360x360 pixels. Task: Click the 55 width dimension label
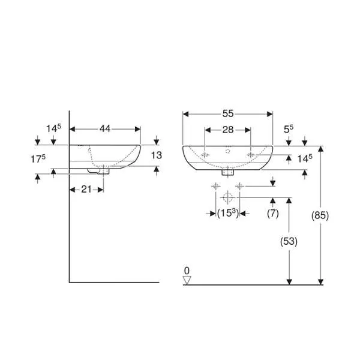point(227,112)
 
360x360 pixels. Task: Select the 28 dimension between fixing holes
point(227,130)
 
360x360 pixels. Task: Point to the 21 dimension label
point(87,190)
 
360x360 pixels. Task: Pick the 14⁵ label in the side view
point(54,128)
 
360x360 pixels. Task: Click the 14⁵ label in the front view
point(305,158)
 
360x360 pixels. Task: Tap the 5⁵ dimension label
point(288,128)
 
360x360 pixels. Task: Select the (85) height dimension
point(321,215)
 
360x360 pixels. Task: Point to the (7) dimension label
point(273,214)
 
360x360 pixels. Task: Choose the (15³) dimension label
point(227,214)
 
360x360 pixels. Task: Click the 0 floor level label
point(187,270)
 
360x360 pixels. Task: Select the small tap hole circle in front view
point(227,152)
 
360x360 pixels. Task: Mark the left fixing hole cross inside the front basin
point(206,155)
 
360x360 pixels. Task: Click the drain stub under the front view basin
point(227,173)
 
